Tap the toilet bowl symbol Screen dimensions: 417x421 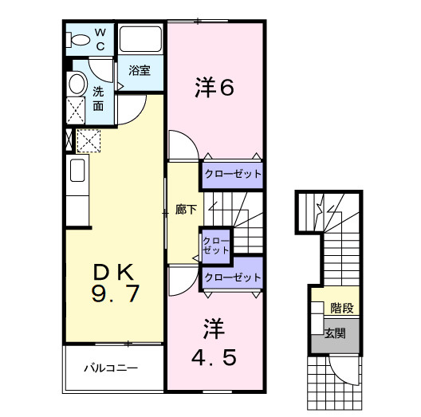point(80,38)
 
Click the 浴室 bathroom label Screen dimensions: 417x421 point(140,70)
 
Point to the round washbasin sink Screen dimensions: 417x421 point(77,84)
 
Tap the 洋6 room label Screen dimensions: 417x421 point(214,88)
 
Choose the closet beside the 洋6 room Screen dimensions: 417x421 point(231,174)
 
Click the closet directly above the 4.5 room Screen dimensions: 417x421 point(232,277)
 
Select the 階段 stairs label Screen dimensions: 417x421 point(342,305)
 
